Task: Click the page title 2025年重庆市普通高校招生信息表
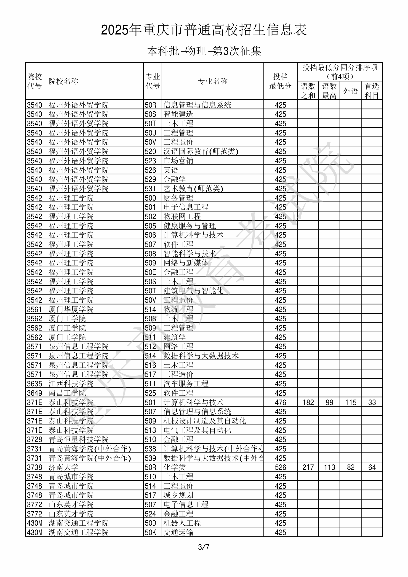click(x=204, y=30)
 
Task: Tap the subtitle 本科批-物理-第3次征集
click(x=204, y=51)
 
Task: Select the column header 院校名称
click(x=63, y=81)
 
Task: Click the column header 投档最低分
click(x=280, y=81)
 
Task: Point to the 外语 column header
click(x=350, y=91)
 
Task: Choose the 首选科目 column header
click(x=372, y=91)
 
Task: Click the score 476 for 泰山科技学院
click(x=280, y=402)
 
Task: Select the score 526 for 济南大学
click(x=280, y=467)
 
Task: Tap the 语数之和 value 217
click(x=308, y=467)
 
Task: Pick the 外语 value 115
click(x=350, y=402)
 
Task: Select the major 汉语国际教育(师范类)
click(x=201, y=151)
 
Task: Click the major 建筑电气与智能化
click(x=193, y=291)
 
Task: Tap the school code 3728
click(x=35, y=439)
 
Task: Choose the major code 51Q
click(x=150, y=439)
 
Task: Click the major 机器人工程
click(x=182, y=523)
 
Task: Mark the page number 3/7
click(x=204, y=547)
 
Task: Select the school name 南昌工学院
click(x=67, y=393)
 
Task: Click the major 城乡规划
click(x=178, y=495)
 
